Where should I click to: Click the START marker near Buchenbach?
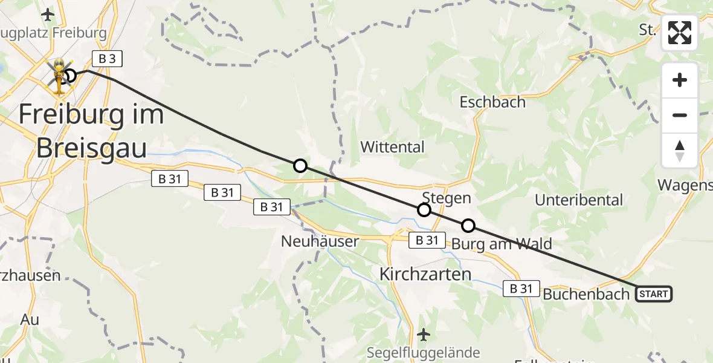coord(653,295)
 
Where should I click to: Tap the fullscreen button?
coord(680,33)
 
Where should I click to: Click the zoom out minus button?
coord(680,115)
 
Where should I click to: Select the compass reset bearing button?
coord(680,150)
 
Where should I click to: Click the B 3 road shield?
coord(108,59)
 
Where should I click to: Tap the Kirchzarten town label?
coord(425,274)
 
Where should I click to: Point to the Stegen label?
coord(447,198)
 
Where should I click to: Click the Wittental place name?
coord(392,146)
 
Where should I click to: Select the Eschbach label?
coord(492,102)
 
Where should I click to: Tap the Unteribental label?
coord(578,200)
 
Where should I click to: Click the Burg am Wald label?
coord(502,244)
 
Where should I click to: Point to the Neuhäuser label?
coord(320,241)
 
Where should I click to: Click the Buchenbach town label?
coord(586,295)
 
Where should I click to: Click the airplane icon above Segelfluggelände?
coord(424,333)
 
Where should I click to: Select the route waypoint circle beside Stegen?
coord(424,210)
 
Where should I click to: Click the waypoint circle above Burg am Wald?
coord(468,226)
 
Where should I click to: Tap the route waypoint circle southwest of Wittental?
coord(300,166)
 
